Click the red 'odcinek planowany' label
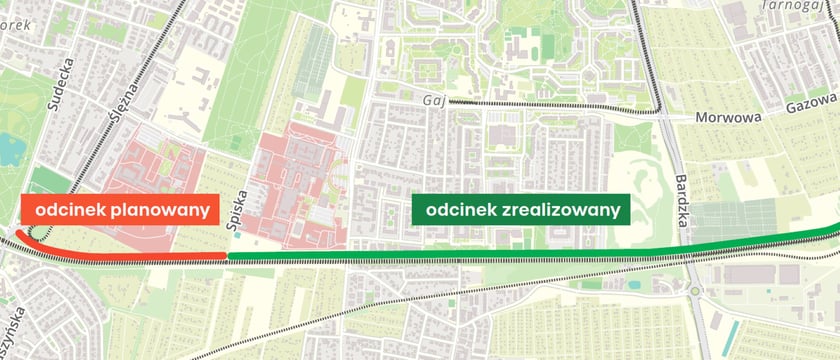coord(119,210)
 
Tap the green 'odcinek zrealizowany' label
coord(521,211)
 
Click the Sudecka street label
coord(68,76)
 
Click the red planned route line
coord(150,259)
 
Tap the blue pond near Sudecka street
coord(11,148)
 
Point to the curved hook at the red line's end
coord(20,240)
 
